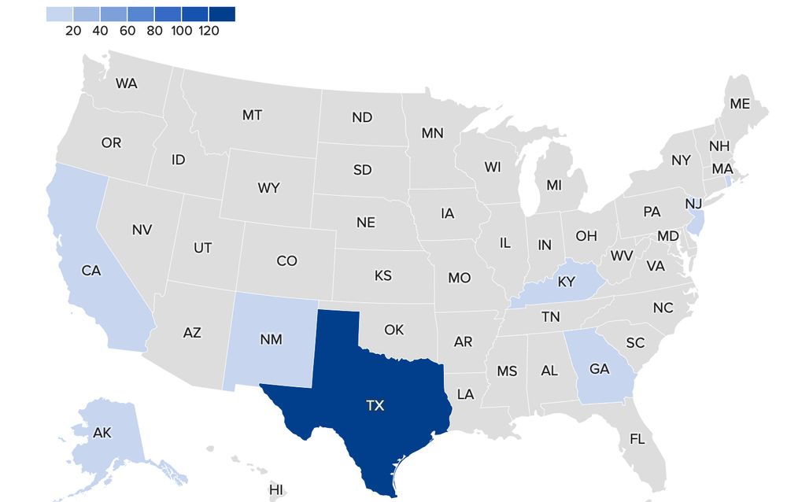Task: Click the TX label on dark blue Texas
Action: click(x=375, y=406)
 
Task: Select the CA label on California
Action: click(x=91, y=271)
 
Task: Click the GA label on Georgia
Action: click(x=600, y=368)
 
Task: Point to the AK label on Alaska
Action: click(x=102, y=433)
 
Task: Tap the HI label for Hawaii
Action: click(x=275, y=490)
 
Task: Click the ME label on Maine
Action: click(x=740, y=104)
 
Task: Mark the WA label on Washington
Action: click(x=127, y=83)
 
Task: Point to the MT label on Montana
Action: click(x=252, y=116)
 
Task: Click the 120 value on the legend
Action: click(x=209, y=31)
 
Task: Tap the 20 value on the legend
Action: click(x=73, y=31)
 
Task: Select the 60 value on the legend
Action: click(x=127, y=31)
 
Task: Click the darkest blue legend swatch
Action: click(x=222, y=13)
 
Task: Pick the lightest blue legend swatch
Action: click(x=60, y=13)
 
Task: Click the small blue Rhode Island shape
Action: click(x=728, y=180)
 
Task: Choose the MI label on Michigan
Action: click(x=554, y=186)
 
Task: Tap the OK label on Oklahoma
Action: click(x=394, y=330)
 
